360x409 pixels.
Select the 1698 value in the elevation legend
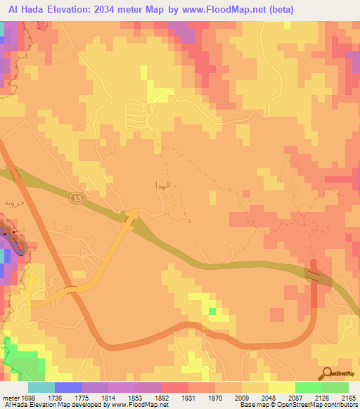coord(28,396)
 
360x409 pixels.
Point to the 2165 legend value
coord(349,396)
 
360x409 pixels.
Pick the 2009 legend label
coord(242,396)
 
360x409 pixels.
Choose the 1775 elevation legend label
coord(82,396)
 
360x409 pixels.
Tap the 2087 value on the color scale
coord(295,396)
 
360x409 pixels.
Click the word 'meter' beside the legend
coord(10,396)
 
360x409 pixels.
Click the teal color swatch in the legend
coord(41,387)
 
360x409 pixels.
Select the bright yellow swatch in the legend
coord(281,387)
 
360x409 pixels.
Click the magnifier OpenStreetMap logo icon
coord(327,375)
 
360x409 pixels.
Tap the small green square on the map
coord(212,310)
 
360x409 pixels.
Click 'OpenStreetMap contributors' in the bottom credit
coord(323,405)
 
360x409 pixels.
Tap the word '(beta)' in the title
coord(281,9)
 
